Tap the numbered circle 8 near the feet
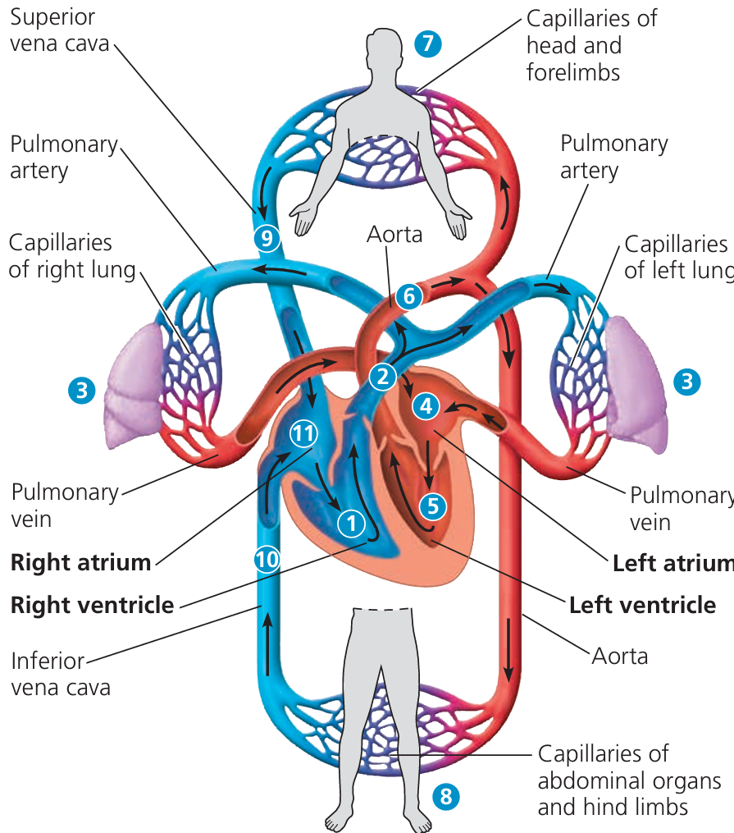(x=445, y=795)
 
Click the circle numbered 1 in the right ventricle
(x=351, y=522)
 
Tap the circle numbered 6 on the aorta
(x=408, y=296)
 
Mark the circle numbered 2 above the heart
(x=382, y=377)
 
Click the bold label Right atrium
(x=80, y=563)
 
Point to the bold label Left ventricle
(x=642, y=606)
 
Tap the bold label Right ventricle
(x=92, y=606)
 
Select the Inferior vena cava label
(x=61, y=673)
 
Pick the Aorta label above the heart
(x=395, y=235)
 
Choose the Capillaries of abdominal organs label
(x=629, y=780)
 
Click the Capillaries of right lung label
(x=72, y=257)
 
